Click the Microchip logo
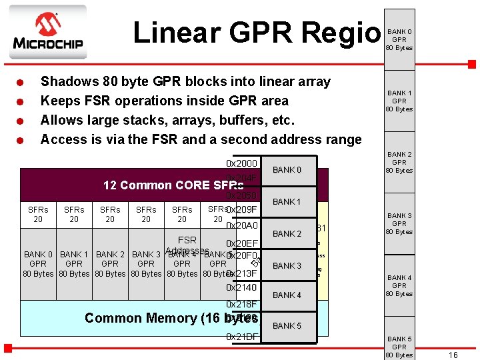47,33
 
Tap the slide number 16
453,355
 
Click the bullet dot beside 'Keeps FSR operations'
22,102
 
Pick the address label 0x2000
241,163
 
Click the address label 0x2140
241,287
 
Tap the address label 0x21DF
241,337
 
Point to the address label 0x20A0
241,226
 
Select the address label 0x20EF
241,244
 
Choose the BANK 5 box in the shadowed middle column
287,326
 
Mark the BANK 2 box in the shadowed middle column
287,234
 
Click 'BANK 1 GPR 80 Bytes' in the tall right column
399,101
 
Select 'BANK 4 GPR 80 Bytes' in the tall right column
399,285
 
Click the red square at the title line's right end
471,65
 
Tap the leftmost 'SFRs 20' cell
38,214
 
